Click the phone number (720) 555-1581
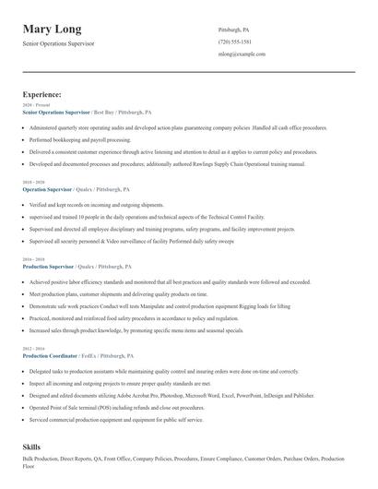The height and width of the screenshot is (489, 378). click(235, 42)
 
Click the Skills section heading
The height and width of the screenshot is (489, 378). click(31, 447)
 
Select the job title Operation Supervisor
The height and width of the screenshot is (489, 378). click(54, 188)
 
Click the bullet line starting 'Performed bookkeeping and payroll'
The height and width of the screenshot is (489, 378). click(80, 140)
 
